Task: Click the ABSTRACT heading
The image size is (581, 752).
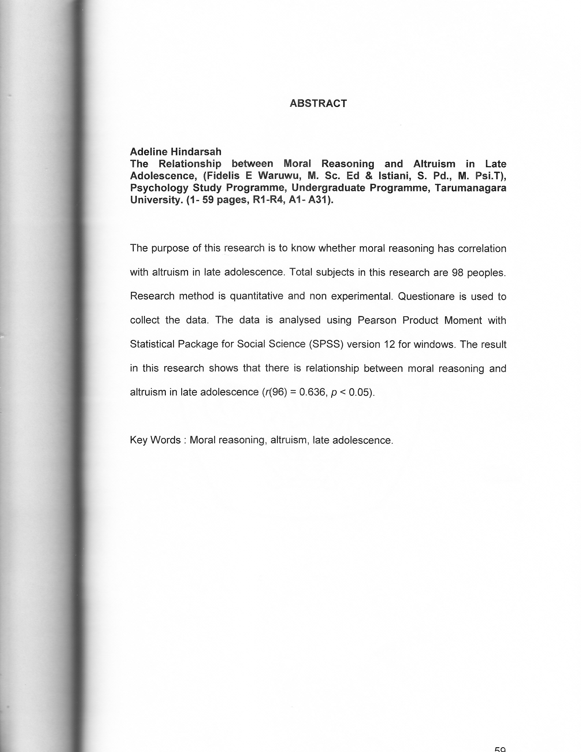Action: [x=318, y=103]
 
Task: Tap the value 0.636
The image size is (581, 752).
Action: [x=312, y=392]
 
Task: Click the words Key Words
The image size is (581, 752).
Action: [x=155, y=440]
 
